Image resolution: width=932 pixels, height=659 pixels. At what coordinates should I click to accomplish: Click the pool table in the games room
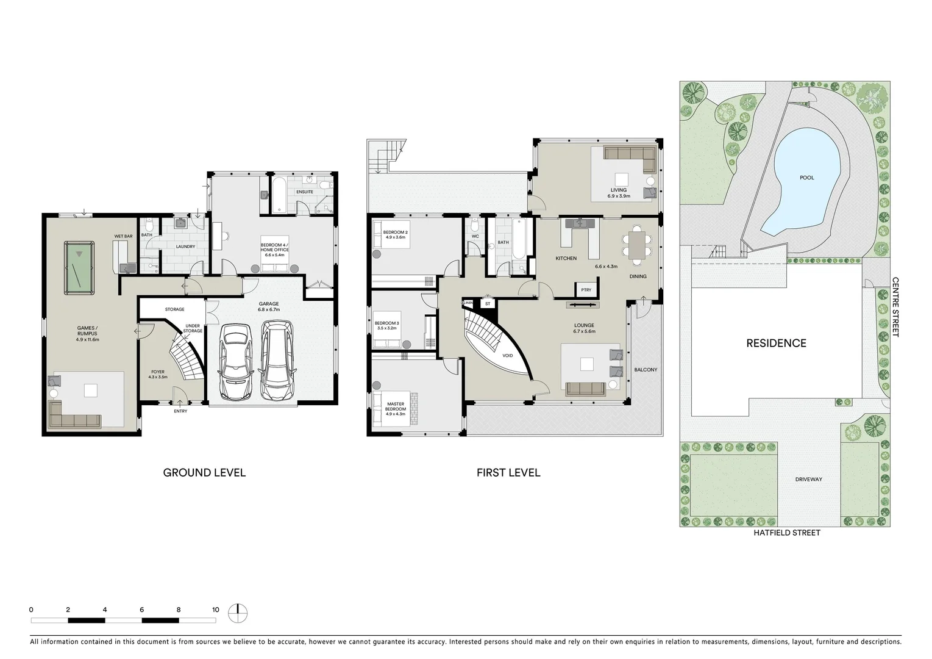tap(79, 267)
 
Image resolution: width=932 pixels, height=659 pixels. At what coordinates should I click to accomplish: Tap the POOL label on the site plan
tap(806, 178)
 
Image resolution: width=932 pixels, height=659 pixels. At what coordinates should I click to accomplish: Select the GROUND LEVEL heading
tap(204, 472)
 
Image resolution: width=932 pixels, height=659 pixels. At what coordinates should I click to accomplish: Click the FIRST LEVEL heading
tap(508, 472)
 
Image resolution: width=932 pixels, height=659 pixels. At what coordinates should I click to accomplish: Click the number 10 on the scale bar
tap(215, 610)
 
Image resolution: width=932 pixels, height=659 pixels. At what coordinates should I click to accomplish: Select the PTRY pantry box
tap(586, 290)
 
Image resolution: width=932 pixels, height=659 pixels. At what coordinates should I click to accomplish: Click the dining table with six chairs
tap(636, 245)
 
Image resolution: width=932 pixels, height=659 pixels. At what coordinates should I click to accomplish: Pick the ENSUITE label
tap(304, 192)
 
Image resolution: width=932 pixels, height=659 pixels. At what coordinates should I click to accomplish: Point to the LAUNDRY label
tap(185, 247)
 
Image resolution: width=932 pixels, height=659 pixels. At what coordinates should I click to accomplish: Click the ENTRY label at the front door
tap(180, 411)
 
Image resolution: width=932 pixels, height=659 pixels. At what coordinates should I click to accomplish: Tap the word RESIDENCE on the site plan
tap(776, 343)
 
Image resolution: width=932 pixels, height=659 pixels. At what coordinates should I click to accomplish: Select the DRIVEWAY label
tap(808, 479)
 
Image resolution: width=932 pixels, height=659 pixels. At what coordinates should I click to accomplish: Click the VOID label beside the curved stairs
tap(507, 355)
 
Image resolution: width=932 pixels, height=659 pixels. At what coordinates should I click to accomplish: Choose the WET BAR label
tap(123, 236)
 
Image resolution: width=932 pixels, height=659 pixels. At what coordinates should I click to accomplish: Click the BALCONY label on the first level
tap(646, 370)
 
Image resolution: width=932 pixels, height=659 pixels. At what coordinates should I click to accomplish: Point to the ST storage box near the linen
tap(487, 303)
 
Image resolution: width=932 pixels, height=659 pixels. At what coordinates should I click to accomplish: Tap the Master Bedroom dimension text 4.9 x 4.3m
tap(395, 414)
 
